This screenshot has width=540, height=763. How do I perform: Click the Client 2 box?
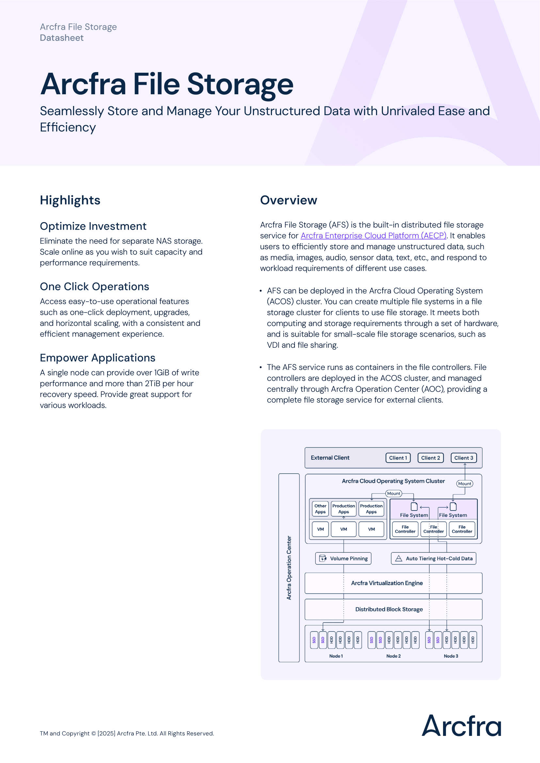pos(430,458)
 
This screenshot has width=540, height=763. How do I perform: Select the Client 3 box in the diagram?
pos(464,458)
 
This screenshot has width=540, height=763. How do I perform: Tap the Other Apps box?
pos(320,509)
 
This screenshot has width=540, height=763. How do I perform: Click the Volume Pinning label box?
pos(343,558)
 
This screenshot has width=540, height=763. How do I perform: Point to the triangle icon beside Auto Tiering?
pos(398,558)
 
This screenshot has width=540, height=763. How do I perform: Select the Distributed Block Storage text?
pos(389,609)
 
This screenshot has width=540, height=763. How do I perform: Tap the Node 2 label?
pos(393,656)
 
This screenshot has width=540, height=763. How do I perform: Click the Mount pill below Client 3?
pos(465,483)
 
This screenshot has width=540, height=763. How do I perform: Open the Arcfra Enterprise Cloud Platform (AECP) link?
pos(373,235)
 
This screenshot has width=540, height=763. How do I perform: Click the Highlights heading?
pos(70,200)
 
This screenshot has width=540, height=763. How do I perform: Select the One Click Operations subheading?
pos(94,286)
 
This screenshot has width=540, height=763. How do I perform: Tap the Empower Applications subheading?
pos(97,358)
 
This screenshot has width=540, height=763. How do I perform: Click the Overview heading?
pos(288,200)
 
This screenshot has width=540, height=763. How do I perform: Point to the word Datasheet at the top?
pos(61,38)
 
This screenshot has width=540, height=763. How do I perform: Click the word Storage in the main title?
pos(240,84)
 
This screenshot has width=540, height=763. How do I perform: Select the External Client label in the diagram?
pos(330,458)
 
